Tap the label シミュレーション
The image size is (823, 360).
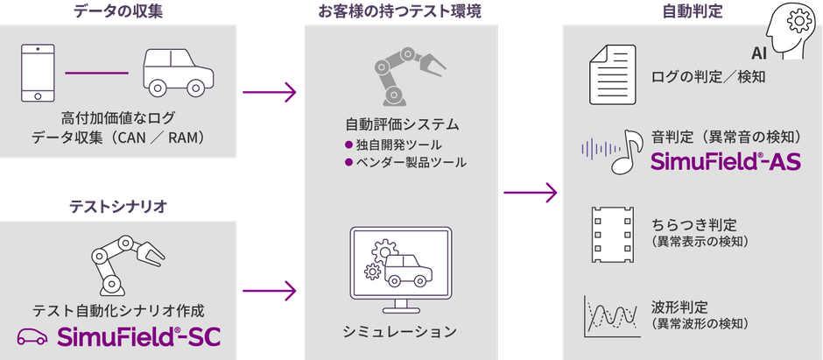pos(400,331)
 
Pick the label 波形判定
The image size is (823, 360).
pos(679,307)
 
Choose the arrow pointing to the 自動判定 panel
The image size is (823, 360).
pos(531,193)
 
